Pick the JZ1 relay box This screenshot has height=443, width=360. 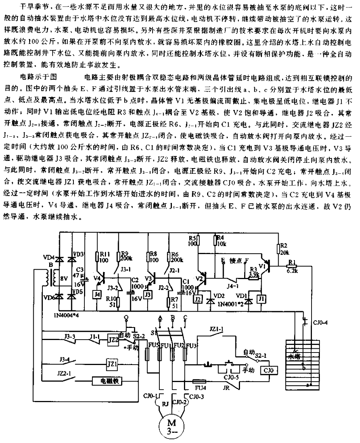(x=110, y=363)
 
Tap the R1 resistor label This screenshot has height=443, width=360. (x=292, y=262)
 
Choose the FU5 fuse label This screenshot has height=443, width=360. (x=152, y=346)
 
